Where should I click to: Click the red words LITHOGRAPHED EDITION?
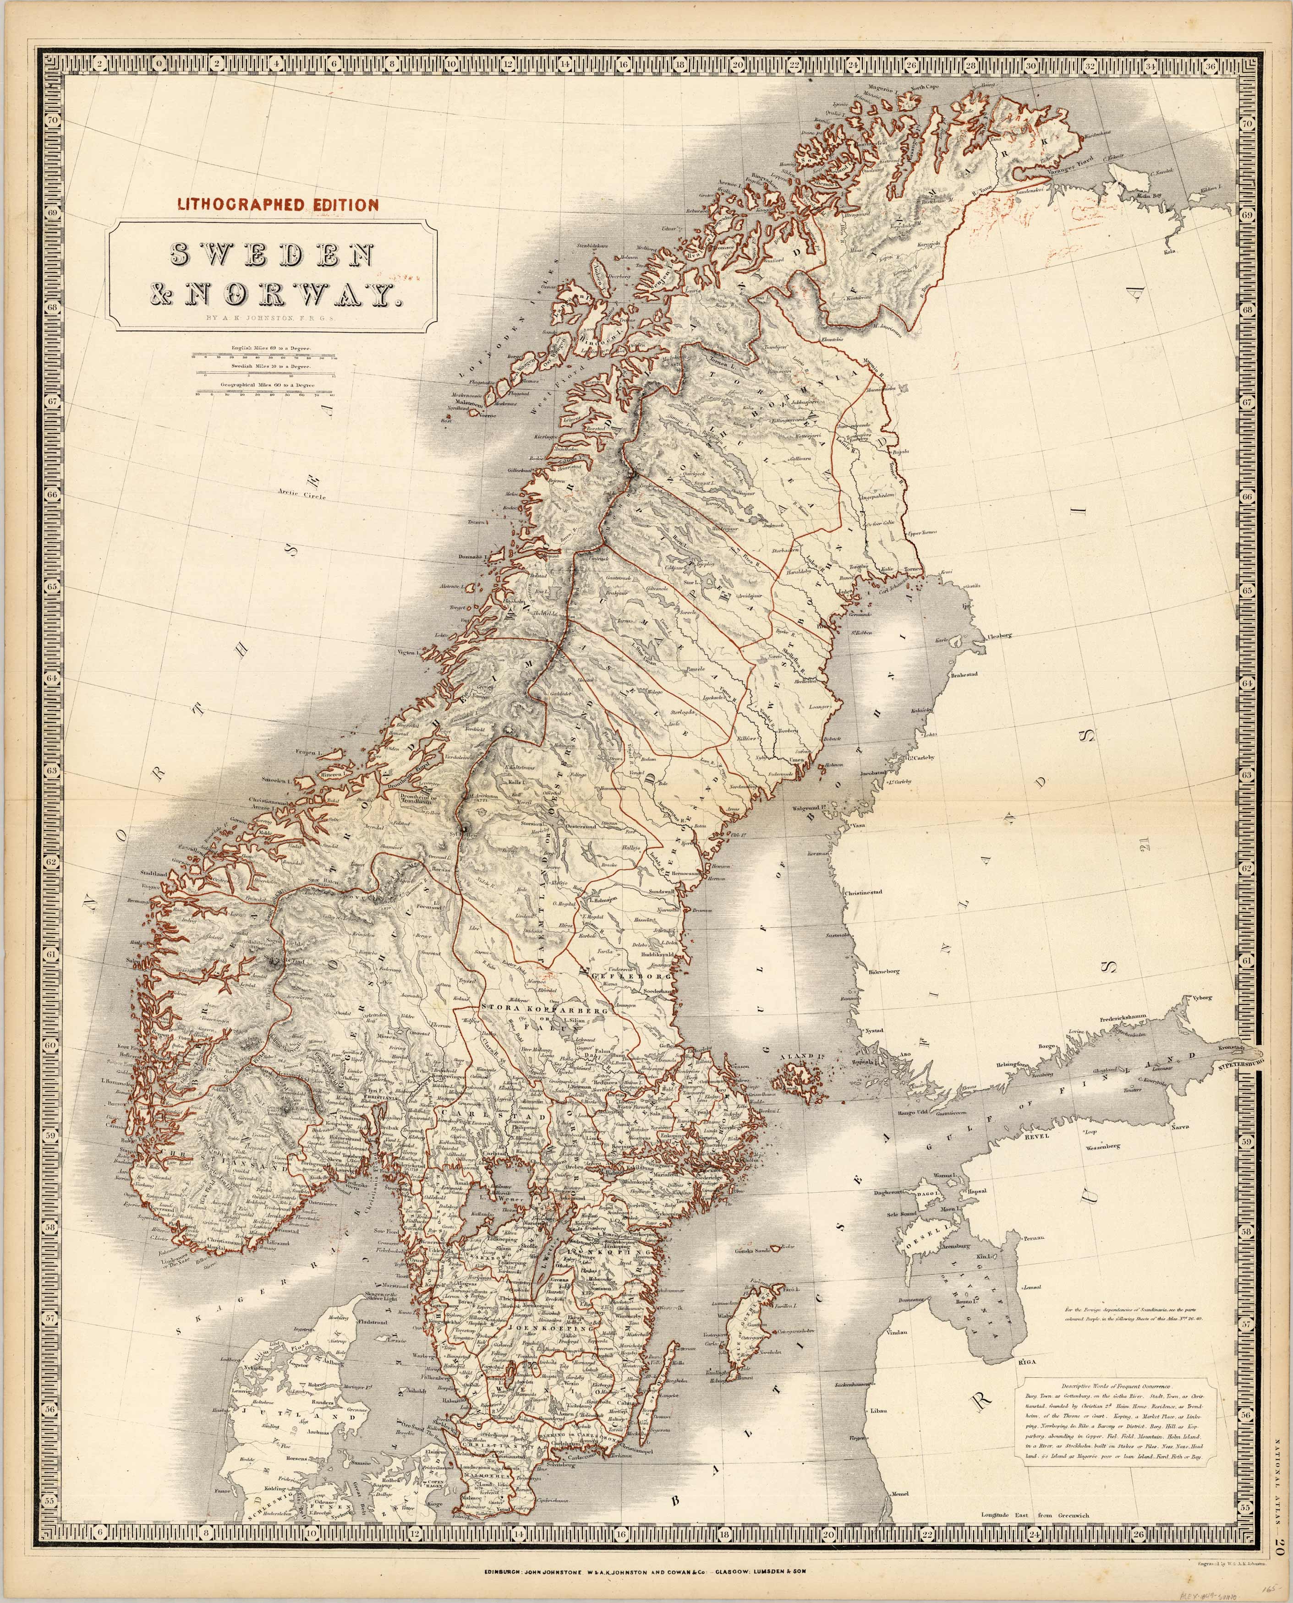277,204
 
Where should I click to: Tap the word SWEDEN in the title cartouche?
273,256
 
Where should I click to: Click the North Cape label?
924,88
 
